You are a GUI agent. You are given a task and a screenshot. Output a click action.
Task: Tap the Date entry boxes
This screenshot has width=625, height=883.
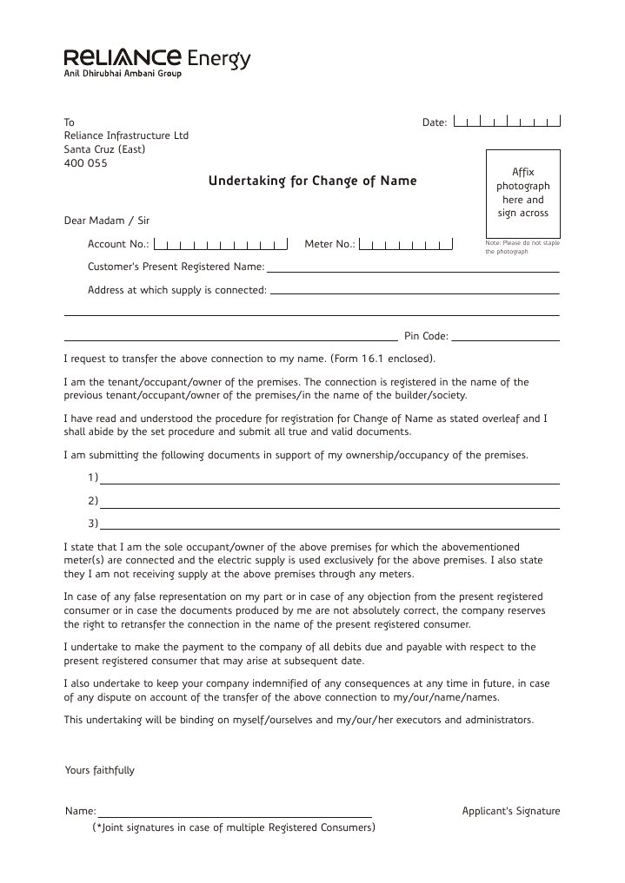tap(507, 122)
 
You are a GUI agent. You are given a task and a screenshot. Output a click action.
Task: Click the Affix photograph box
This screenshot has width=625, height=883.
tap(522, 192)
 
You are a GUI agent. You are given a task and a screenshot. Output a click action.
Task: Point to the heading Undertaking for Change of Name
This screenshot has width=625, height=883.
tap(312, 181)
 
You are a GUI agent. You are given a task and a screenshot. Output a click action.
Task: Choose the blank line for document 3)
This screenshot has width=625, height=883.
tap(329, 528)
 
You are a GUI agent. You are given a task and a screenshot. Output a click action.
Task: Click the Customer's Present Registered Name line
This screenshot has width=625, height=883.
tap(412, 271)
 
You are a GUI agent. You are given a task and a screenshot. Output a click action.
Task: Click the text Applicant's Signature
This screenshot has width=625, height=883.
tap(511, 812)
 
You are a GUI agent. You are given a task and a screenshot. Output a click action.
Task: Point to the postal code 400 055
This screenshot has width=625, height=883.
tap(86, 163)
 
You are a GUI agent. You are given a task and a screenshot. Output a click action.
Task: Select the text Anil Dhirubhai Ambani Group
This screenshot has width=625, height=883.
tap(123, 76)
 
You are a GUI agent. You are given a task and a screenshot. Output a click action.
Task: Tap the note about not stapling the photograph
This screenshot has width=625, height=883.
tap(522, 247)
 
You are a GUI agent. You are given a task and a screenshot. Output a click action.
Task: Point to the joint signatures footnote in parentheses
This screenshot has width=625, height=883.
tap(234, 827)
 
